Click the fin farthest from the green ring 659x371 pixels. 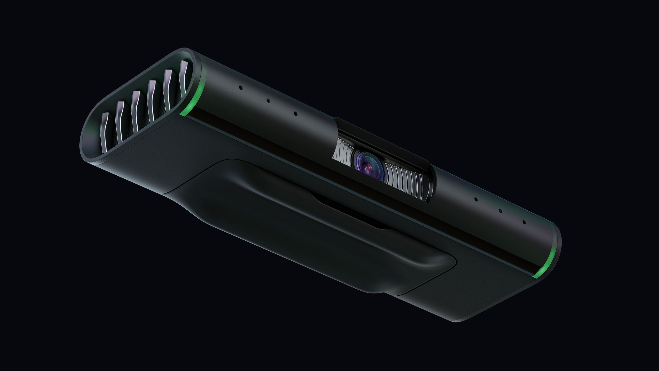pyautogui.click(x=105, y=133)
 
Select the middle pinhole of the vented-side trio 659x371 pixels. pyautogui.click(x=268, y=101)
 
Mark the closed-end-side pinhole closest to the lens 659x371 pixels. pyautogui.click(x=476, y=199)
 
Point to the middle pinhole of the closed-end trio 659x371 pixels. pyautogui.click(x=500, y=211)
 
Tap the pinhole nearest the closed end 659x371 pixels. pyautogui.click(x=524, y=222)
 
